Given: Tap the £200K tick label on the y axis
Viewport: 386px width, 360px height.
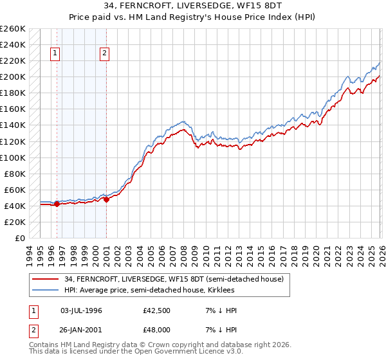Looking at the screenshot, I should (13, 77).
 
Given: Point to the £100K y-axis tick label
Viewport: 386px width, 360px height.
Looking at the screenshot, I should (13, 157).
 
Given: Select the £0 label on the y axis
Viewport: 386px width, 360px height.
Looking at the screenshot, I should (19, 238).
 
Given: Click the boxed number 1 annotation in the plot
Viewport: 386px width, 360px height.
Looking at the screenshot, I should (56, 54).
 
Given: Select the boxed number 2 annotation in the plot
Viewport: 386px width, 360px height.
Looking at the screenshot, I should (104, 54).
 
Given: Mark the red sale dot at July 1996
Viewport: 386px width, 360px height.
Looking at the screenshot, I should (57, 204).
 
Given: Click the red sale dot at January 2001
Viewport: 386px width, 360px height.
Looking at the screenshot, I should (106, 199).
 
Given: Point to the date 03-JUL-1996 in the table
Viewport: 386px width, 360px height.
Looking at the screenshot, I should (81, 310).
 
